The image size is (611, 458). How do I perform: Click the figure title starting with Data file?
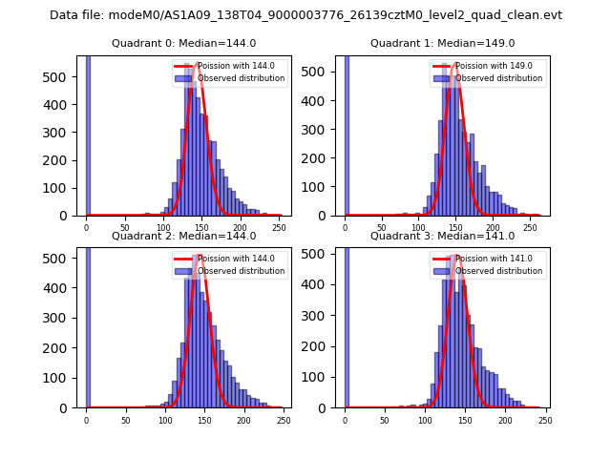[x=305, y=15]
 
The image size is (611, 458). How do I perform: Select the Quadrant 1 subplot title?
[x=442, y=43]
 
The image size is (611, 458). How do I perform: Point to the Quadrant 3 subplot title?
[x=442, y=236]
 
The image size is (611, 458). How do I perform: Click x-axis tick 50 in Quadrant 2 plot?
[x=125, y=420]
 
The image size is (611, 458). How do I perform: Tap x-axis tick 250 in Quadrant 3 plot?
[x=544, y=420]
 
